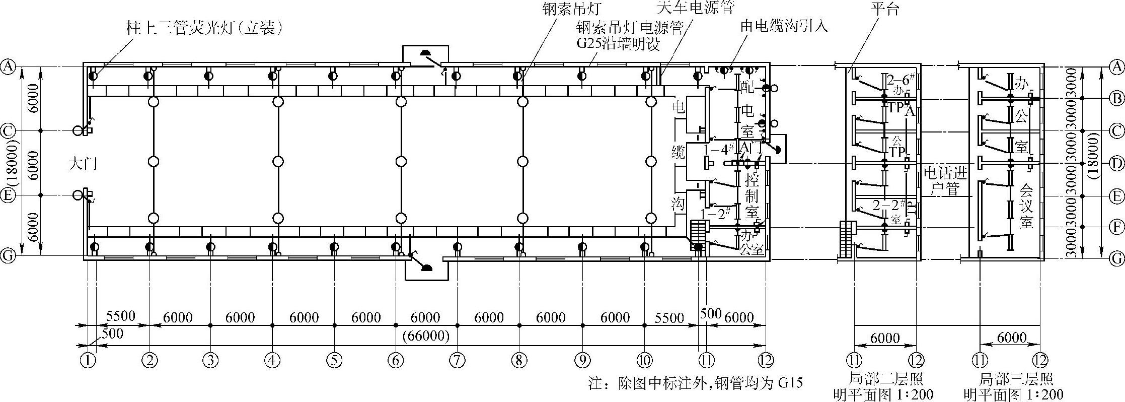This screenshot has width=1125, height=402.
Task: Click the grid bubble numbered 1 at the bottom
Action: pyautogui.click(x=88, y=360)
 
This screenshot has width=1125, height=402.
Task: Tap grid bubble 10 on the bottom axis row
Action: pyautogui.click(x=644, y=360)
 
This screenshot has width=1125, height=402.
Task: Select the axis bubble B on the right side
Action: pyautogui.click(x=1117, y=98)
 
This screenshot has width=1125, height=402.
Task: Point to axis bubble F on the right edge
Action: pyautogui.click(x=1117, y=227)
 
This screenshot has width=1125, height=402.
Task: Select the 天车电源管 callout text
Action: pyautogui.click(x=696, y=7)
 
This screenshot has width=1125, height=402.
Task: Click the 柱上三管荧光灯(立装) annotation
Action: pyautogui.click(x=203, y=28)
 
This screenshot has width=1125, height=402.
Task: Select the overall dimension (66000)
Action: pyautogui.click(x=426, y=336)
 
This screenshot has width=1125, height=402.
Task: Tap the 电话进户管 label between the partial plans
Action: pyautogui.click(x=946, y=182)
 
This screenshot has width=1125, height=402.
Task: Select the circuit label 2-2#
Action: pyautogui.click(x=889, y=206)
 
